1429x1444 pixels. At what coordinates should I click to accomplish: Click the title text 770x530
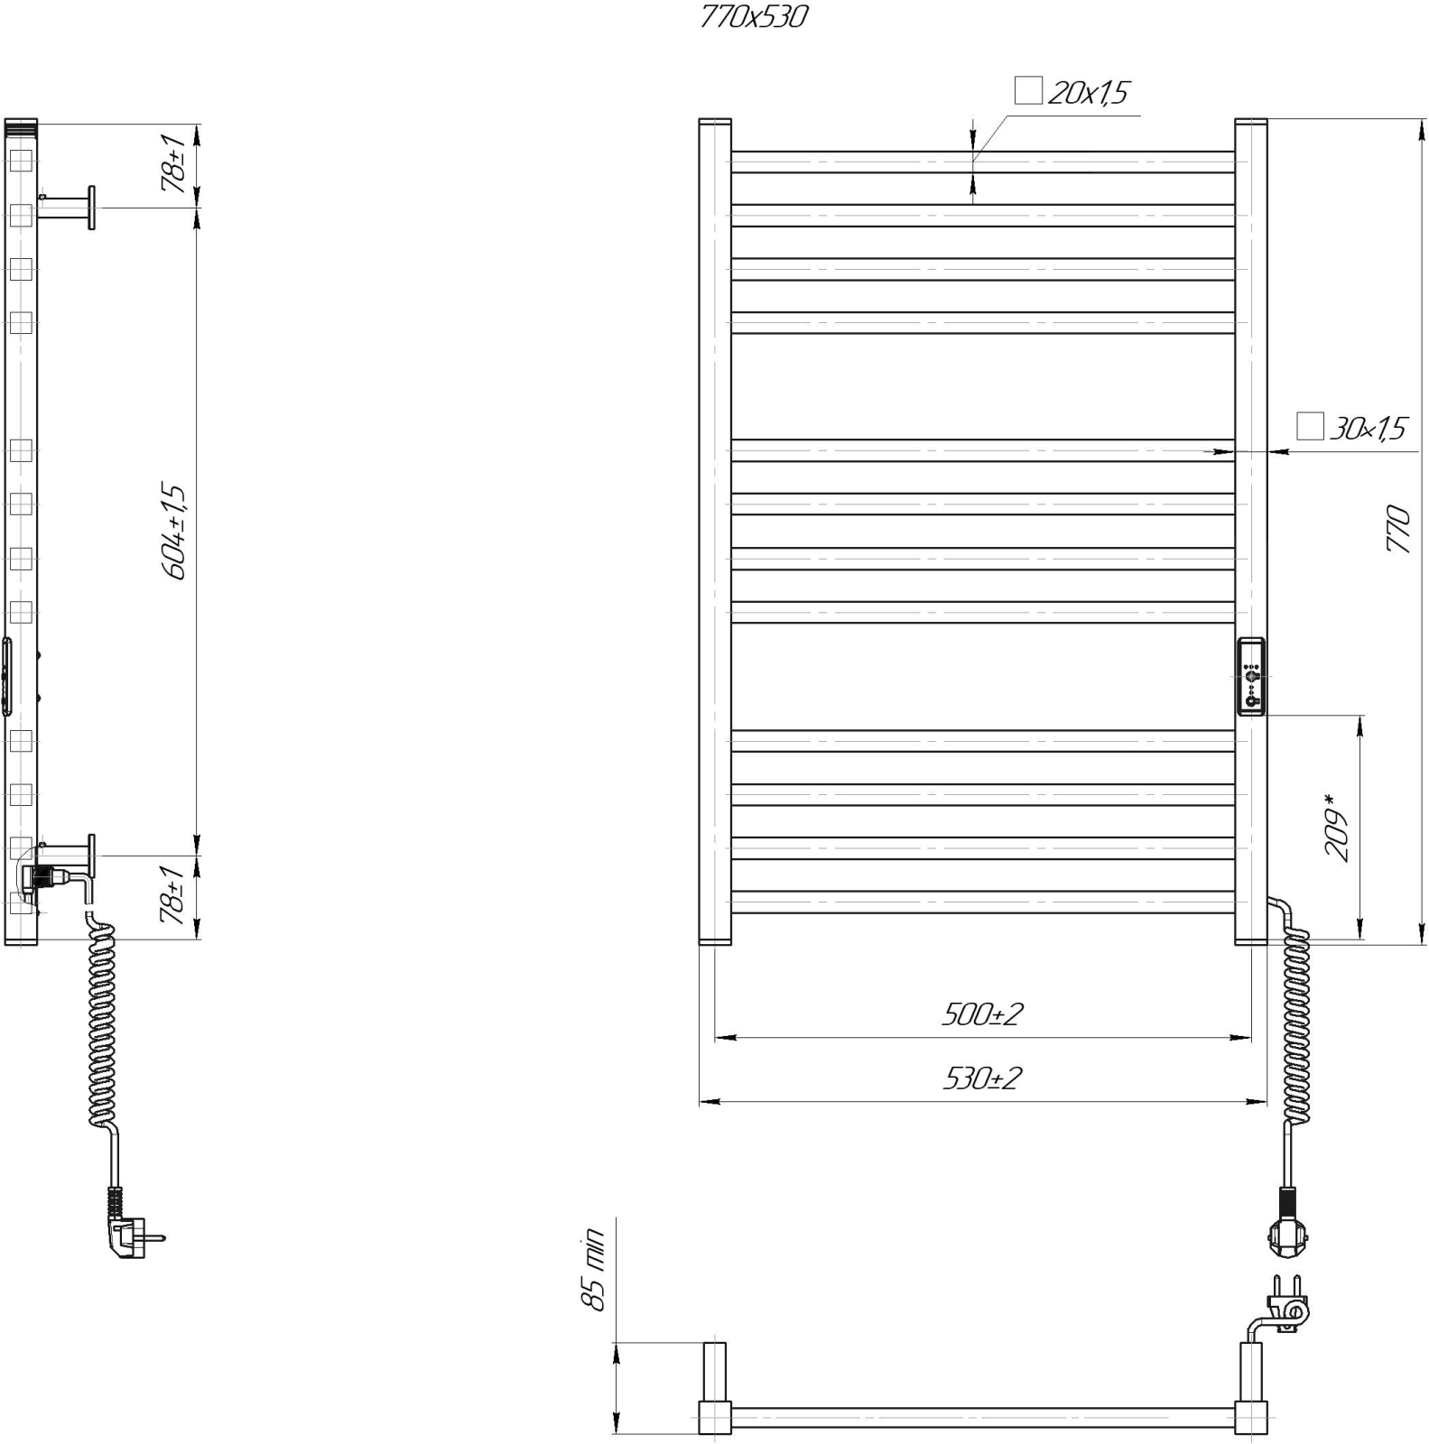click(x=753, y=17)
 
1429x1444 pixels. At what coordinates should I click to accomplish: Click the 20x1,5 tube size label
click(x=1088, y=92)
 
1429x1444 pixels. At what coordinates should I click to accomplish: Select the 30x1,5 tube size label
click(x=1368, y=428)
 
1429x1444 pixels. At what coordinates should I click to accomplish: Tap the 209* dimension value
click(x=1336, y=828)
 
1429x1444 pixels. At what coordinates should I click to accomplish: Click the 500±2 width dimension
click(x=982, y=1014)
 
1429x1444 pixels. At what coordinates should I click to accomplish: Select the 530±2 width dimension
click(x=982, y=1078)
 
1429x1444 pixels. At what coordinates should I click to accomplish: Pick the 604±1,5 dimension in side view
click(x=173, y=532)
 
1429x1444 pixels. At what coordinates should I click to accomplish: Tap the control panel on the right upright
click(x=1251, y=676)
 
